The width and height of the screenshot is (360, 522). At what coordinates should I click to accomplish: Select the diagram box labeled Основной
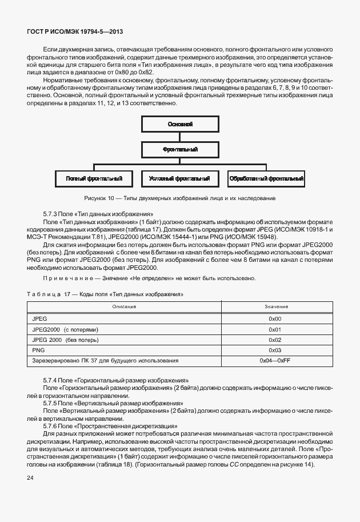coord(180,124)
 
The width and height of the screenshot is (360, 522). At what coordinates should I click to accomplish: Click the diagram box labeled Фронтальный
coord(180,150)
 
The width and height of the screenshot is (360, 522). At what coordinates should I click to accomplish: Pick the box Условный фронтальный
coord(179,179)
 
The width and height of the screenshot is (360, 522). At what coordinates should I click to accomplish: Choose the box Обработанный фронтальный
coord(266,179)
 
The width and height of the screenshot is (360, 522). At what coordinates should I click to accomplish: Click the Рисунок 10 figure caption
coord(179,198)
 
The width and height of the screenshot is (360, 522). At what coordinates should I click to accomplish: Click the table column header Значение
coord(276,307)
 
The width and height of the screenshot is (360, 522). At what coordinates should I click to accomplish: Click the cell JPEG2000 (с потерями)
coord(66,329)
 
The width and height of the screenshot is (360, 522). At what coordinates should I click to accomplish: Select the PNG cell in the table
coord(38,350)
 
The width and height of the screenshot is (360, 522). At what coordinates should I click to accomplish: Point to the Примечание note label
coord(67,278)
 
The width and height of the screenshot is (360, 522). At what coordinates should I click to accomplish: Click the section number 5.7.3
coord(51,212)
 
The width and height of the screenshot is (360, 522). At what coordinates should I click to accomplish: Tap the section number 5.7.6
coord(51,426)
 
